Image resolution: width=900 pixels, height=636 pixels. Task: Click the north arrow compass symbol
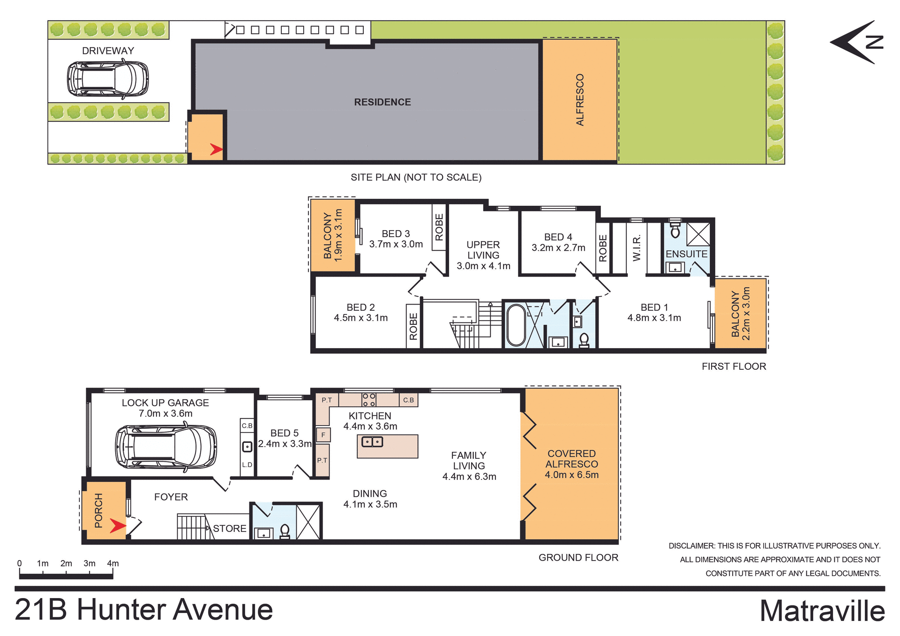[857, 42]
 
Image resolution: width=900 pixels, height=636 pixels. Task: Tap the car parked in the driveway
[108, 79]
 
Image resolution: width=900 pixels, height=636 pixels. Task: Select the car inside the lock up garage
[166, 447]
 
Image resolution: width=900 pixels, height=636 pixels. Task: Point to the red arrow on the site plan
[216, 150]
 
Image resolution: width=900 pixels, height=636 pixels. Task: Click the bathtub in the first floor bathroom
[516, 325]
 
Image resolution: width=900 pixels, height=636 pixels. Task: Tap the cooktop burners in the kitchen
[369, 400]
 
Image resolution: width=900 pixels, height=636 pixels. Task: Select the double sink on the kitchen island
[372, 441]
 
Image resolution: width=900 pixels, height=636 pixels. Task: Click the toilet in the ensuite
[675, 230]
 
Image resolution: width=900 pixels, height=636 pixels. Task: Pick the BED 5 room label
[284, 433]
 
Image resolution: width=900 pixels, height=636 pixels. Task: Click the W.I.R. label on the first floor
[637, 248]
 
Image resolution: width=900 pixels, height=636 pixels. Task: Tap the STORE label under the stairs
[229, 528]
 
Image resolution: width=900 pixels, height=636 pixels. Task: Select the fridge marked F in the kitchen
[323, 435]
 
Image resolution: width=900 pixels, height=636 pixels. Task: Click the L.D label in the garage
[247, 465]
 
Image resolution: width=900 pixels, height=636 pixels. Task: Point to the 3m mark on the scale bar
[90, 563]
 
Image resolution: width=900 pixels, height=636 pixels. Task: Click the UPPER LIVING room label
[483, 250]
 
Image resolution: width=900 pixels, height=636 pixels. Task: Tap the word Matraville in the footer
[822, 611]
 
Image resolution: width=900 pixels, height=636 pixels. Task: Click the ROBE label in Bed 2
[413, 326]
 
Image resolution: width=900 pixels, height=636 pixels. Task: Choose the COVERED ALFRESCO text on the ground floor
[571, 459]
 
